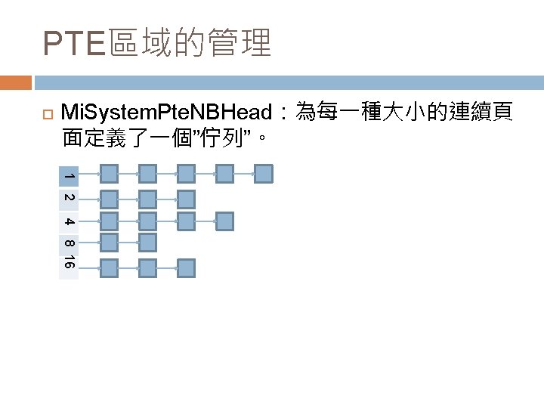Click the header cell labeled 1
(x=69, y=175)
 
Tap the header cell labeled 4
(x=69, y=221)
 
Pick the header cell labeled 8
(x=69, y=244)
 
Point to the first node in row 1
(x=110, y=175)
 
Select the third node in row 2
(x=186, y=199)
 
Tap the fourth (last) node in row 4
(x=224, y=221)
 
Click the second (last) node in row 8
(x=148, y=243)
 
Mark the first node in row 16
(x=110, y=268)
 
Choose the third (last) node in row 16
(x=186, y=268)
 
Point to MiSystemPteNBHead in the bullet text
(x=165, y=114)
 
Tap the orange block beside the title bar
(x=16, y=82)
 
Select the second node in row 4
(x=148, y=221)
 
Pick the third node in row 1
(x=186, y=175)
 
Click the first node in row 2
(x=110, y=199)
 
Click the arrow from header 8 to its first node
(x=89, y=243)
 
